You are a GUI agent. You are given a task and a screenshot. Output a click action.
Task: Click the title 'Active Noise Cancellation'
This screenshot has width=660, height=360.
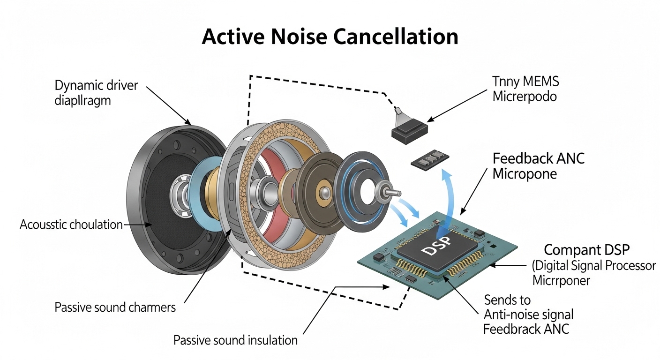(330, 37)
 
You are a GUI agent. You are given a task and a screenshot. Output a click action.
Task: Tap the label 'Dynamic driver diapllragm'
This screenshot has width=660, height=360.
(97, 92)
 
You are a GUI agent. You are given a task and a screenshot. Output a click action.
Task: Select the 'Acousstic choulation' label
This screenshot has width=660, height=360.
(71, 225)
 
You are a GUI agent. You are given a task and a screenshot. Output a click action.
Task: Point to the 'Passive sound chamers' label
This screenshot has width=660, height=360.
(115, 307)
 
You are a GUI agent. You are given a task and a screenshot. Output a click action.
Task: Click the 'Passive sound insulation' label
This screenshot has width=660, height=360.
(235, 340)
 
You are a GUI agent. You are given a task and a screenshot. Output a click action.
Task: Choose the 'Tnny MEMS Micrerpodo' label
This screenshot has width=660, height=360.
(525, 89)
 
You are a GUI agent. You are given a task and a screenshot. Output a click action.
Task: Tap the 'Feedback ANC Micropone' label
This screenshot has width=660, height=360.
(539, 166)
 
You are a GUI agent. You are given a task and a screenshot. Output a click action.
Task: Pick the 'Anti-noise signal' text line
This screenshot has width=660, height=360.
(528, 314)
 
